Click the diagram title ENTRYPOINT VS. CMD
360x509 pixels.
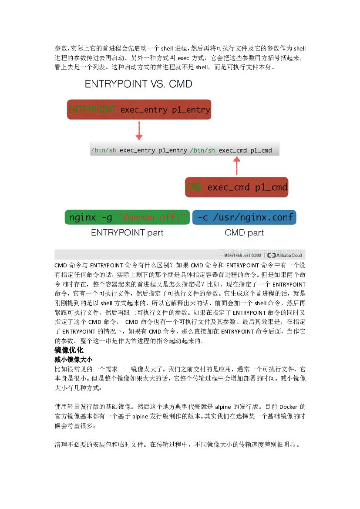point(138,84)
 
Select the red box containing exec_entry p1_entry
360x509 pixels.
point(139,110)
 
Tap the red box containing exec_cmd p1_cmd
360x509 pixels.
point(236,187)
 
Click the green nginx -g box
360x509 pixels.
point(127,217)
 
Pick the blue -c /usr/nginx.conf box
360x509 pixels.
point(244,217)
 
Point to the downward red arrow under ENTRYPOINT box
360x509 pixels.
point(139,130)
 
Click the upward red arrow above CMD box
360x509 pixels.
point(236,166)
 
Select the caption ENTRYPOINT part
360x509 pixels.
point(127,233)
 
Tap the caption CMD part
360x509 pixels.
point(244,233)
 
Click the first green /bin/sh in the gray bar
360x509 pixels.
point(104,151)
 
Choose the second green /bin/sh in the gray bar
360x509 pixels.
point(202,151)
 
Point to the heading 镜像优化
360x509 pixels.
point(69,351)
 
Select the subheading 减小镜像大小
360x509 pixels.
point(73,360)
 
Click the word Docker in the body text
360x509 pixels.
point(288,407)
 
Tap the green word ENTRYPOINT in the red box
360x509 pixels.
point(92,110)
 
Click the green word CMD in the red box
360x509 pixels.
point(194,187)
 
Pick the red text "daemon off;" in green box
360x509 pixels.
point(152,217)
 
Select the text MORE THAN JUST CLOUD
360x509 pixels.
point(239,256)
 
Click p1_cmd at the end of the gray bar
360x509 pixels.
point(261,151)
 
